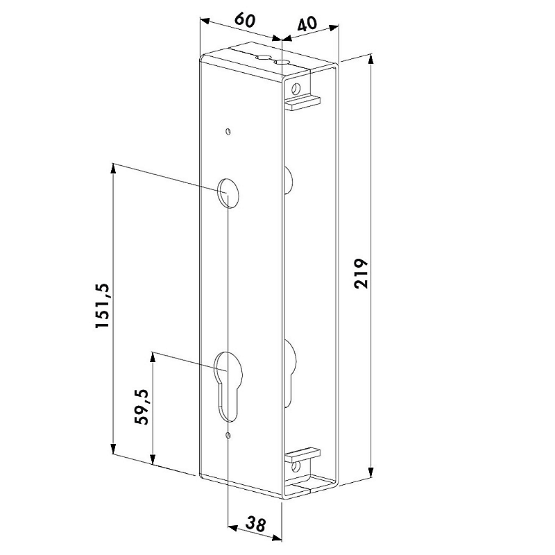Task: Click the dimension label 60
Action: [x=245, y=20]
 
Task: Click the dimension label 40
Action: [x=307, y=24]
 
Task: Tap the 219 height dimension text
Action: [x=361, y=273]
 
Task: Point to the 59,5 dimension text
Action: [x=142, y=407]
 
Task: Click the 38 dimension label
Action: [x=255, y=524]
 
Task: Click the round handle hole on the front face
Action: [x=228, y=193]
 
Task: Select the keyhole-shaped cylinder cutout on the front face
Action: [x=228, y=386]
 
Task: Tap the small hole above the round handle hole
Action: [x=229, y=132]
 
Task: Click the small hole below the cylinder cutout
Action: [x=229, y=436]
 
